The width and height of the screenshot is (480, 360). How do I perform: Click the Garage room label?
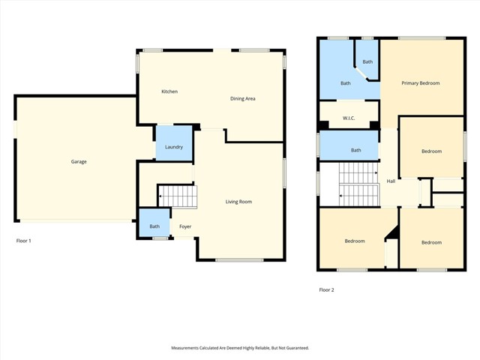point(79,161)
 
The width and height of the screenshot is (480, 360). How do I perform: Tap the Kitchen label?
point(169,91)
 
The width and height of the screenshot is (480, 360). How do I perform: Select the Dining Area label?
point(242,98)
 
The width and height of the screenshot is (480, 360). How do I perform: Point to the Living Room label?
point(238,201)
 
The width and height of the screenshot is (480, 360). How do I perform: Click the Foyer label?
point(184,226)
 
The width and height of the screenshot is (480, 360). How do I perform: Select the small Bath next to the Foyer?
point(154,226)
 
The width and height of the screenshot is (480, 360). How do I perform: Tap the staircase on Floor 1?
point(178,197)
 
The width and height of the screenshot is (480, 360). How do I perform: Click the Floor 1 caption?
point(24,241)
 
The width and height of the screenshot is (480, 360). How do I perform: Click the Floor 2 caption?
point(327,289)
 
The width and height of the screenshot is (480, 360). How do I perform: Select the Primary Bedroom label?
point(420,83)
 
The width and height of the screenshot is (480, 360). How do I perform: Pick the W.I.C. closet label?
point(348,118)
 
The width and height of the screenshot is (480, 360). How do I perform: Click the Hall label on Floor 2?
point(391,181)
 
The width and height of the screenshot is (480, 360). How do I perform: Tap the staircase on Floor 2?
point(358,184)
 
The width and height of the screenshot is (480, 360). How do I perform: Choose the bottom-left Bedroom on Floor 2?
point(355,241)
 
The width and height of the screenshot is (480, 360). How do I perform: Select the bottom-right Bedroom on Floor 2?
point(431,242)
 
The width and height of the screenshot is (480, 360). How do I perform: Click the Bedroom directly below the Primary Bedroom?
point(431,151)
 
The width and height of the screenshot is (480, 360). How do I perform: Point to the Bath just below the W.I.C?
point(355,150)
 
